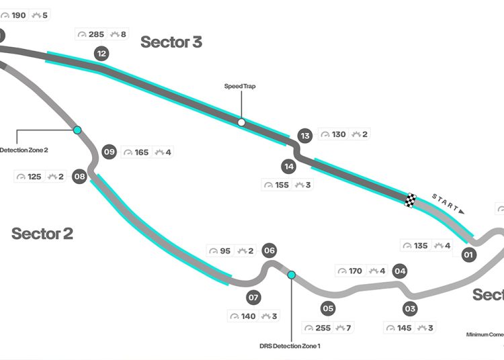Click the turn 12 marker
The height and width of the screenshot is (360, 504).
101,54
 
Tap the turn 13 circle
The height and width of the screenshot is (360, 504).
305,136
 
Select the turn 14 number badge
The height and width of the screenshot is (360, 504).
289,166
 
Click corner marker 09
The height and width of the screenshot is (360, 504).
110,152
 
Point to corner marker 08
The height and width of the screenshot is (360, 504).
80,177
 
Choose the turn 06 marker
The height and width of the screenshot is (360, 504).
269,251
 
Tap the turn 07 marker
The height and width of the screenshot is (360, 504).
253,297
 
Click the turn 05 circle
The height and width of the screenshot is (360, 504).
328,309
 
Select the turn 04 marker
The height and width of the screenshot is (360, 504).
401,271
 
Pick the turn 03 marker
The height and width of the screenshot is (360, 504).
410,309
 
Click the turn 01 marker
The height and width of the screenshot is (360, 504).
468,255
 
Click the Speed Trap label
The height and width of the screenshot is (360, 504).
240,86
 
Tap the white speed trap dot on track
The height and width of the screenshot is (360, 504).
241,122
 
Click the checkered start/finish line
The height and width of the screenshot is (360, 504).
411,200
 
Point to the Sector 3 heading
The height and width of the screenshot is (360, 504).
171,42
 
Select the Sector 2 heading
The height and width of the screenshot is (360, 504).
42,234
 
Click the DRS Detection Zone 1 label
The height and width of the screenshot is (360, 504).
290,346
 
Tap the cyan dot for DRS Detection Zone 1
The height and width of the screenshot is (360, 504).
292,275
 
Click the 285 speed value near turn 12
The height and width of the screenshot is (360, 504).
95,34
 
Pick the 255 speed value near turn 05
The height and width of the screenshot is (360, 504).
322,328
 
